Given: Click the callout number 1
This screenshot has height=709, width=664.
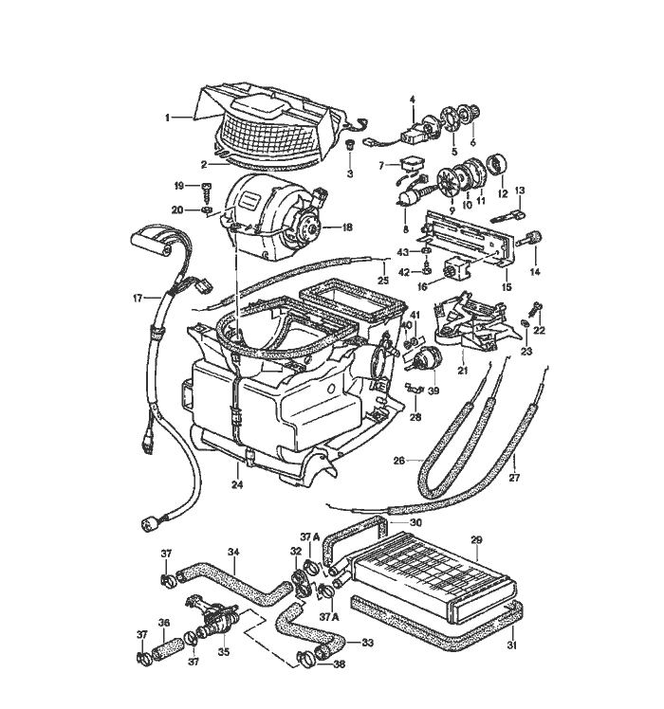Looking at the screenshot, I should click(x=167, y=118).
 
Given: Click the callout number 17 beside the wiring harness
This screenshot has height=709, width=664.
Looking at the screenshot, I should click(x=137, y=298).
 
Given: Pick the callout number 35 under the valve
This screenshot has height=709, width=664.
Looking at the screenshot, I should click(x=224, y=651).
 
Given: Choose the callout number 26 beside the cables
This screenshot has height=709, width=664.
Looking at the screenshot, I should click(x=400, y=462).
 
